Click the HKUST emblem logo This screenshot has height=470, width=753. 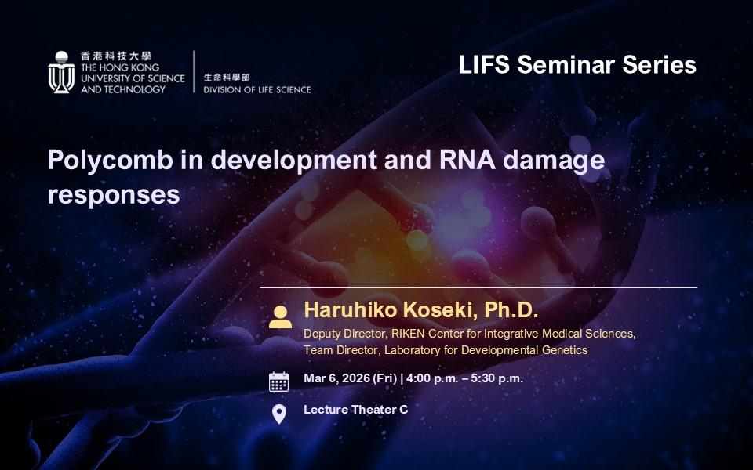pyautogui.click(x=61, y=72)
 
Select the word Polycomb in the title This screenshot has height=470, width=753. pyautogui.click(x=110, y=161)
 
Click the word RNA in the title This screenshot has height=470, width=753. pyautogui.click(x=467, y=160)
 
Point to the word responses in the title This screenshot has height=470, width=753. pyautogui.click(x=113, y=196)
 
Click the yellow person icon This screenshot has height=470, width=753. pyautogui.click(x=280, y=317)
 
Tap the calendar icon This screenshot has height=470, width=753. pyautogui.click(x=278, y=381)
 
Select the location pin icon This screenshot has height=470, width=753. pyautogui.click(x=279, y=414)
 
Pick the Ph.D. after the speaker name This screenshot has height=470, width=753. pyautogui.click(x=511, y=310)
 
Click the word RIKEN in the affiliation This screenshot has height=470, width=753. pyautogui.click(x=408, y=334)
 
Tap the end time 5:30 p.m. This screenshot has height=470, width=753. pyautogui.click(x=497, y=378)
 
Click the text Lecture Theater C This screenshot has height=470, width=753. pyautogui.click(x=356, y=410)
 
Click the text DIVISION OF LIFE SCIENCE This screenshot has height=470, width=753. pyautogui.click(x=257, y=89)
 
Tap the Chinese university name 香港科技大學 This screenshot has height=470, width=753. pyautogui.click(x=116, y=56)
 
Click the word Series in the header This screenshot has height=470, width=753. pyautogui.click(x=660, y=65)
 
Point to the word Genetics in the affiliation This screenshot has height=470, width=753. pyautogui.click(x=565, y=350)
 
